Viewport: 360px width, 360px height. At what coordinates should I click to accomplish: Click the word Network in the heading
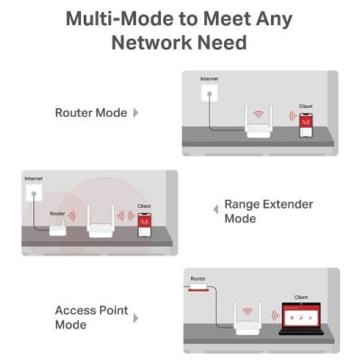point(151,42)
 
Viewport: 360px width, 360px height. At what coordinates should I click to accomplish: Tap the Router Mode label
point(91,112)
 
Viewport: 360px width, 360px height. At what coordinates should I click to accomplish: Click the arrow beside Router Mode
point(136,112)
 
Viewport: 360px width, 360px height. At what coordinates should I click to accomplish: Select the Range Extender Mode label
point(269,211)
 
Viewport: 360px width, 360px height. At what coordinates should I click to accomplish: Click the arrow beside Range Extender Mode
point(216,209)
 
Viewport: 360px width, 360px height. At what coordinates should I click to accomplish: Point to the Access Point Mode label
point(92,317)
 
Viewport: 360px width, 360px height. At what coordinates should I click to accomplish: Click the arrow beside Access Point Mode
point(136,318)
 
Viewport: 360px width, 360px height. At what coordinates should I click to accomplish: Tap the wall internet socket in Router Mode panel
point(209,93)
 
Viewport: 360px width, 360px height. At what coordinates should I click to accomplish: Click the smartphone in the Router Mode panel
point(306,125)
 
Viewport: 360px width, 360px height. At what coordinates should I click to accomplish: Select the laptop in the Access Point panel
point(301,319)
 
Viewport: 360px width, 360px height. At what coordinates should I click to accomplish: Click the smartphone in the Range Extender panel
point(144,225)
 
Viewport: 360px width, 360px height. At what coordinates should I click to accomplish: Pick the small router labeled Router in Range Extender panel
point(58,227)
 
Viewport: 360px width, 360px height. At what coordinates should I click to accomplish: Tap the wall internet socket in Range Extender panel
point(34,193)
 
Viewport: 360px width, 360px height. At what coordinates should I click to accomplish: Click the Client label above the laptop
point(301,297)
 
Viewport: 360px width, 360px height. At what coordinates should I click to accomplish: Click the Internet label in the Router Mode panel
point(209,78)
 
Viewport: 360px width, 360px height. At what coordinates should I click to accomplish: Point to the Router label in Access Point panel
point(198,279)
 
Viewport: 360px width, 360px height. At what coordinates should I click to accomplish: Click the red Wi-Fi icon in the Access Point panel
point(247,311)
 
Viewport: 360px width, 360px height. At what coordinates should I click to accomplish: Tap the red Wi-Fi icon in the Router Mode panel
point(258,114)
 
